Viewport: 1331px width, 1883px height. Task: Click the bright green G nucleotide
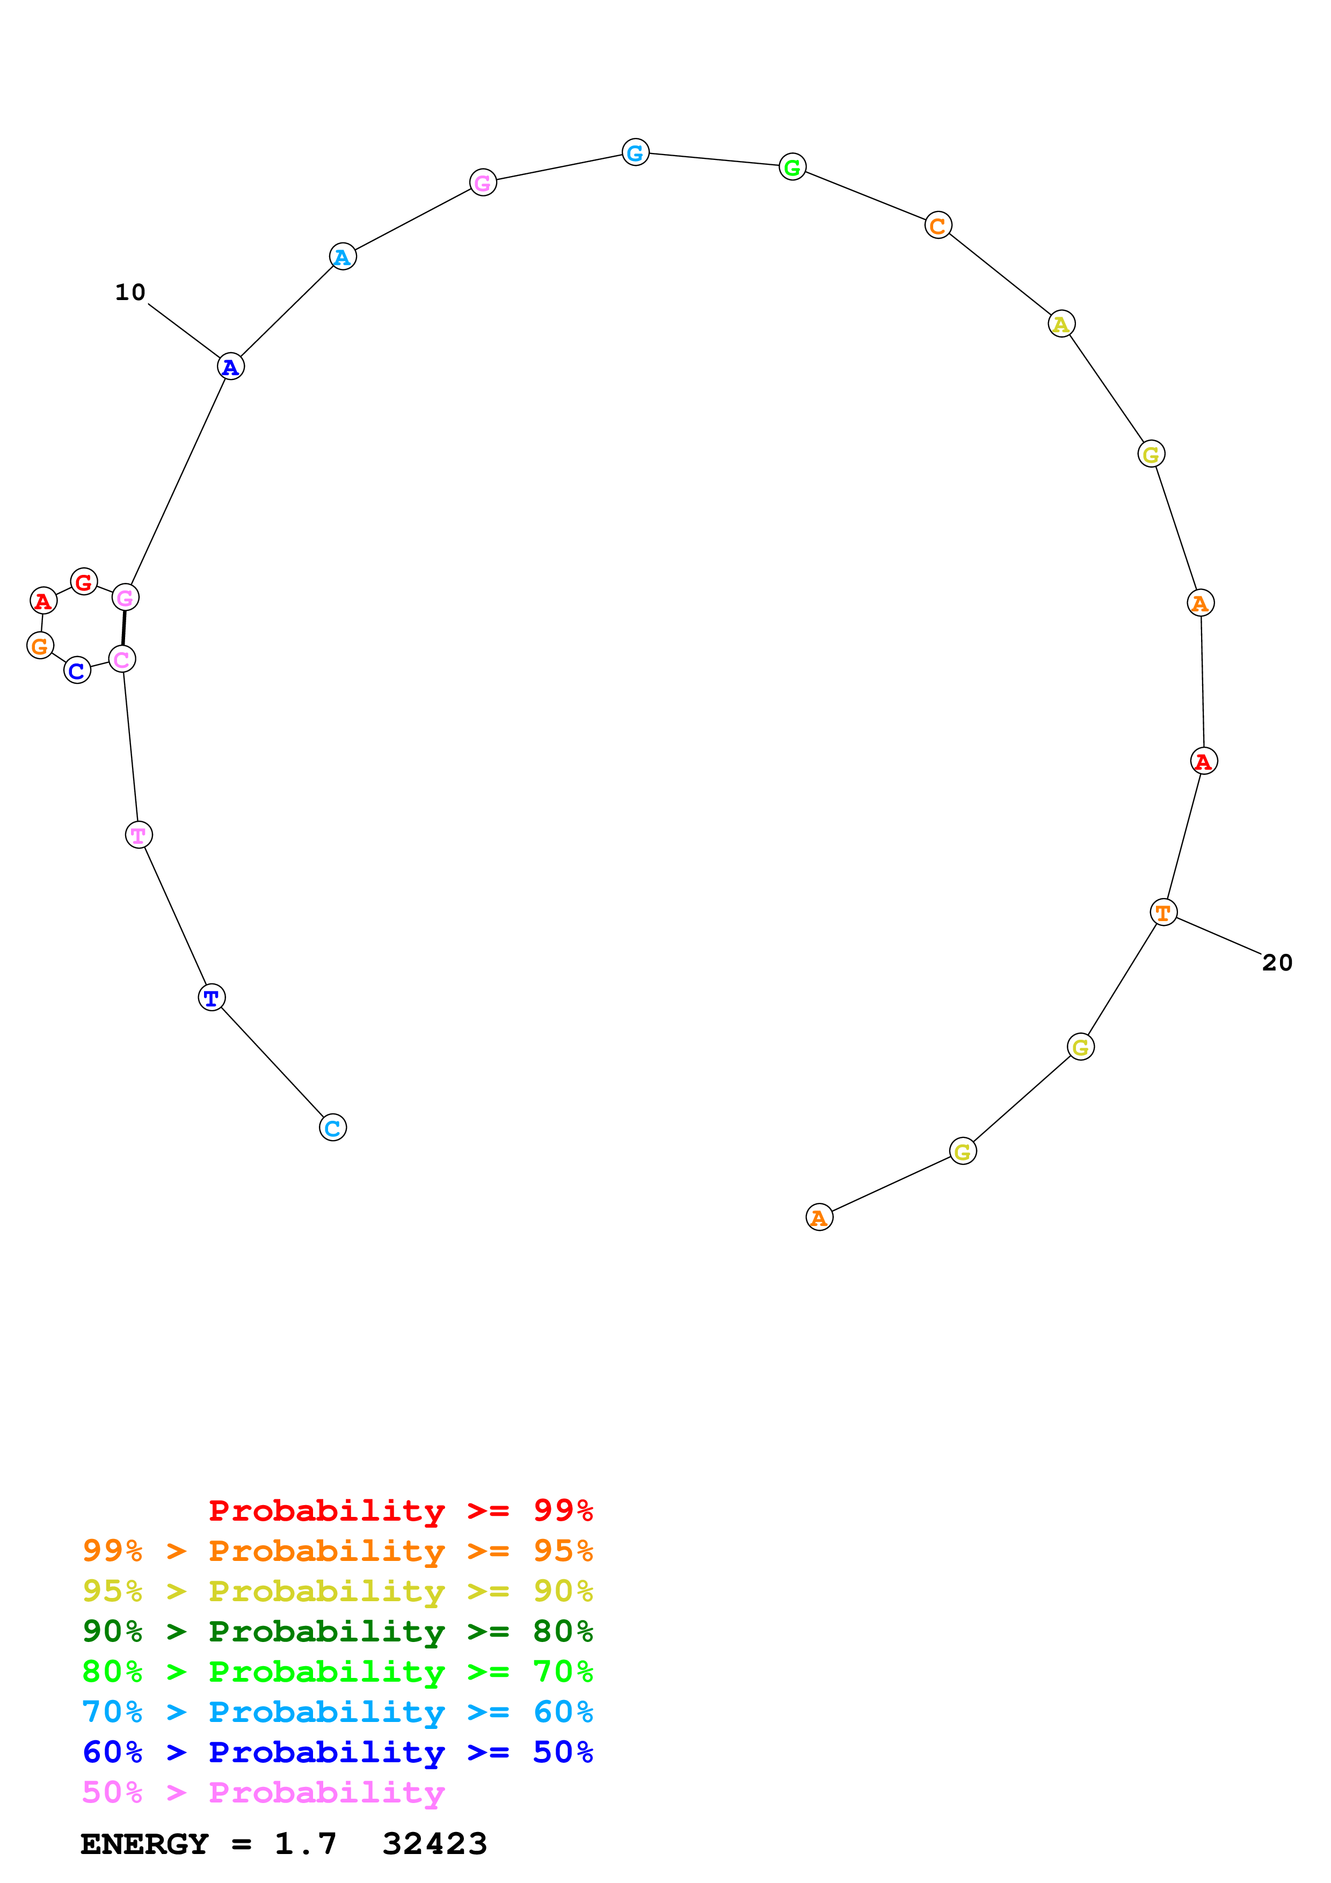792,167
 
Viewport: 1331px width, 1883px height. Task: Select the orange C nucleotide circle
937,225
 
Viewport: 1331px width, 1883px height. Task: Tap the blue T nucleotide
212,998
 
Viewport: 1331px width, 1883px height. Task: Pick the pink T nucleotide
139,835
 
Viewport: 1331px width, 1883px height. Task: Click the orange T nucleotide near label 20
1163,913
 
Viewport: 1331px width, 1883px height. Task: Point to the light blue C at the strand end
332,1128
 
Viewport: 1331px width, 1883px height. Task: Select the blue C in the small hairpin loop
77,671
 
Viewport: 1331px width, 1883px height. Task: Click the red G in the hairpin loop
84,582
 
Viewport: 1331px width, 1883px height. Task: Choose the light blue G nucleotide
636,152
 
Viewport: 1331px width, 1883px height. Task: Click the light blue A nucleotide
343,257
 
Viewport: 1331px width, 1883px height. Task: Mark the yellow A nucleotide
1061,324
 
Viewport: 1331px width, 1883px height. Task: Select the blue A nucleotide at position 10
230,367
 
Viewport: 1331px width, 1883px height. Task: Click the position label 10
129,292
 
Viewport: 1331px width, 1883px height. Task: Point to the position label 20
1277,963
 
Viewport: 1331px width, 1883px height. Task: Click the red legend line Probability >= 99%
400,1510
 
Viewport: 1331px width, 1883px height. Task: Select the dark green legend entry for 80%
337,1631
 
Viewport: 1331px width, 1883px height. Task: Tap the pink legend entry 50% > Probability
263,1793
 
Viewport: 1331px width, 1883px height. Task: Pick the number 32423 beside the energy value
435,1844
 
